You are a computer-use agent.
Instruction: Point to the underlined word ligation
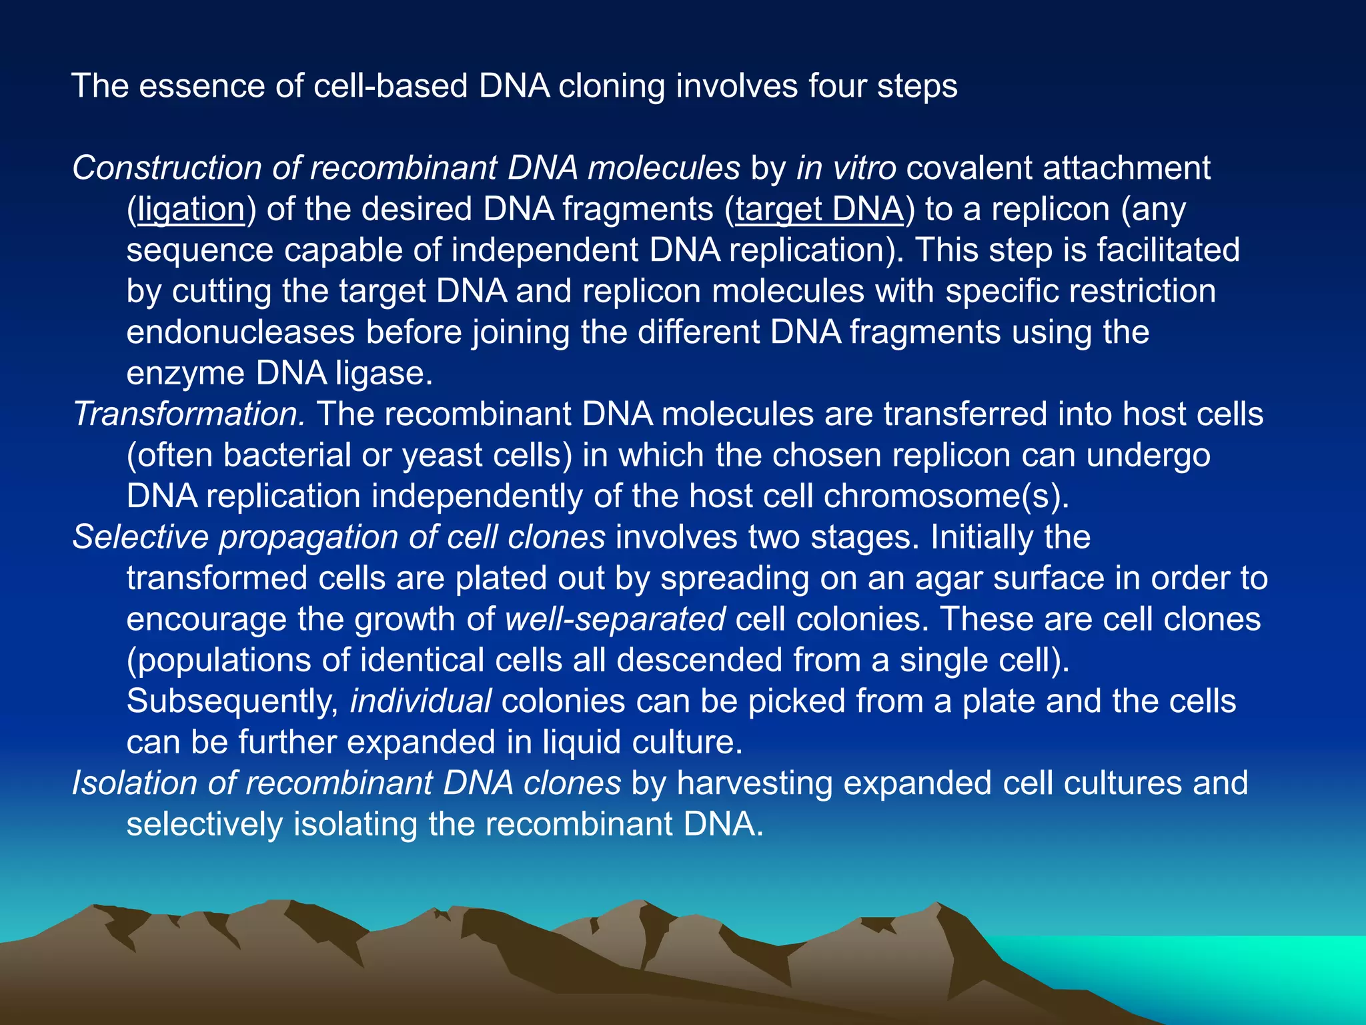click(x=191, y=210)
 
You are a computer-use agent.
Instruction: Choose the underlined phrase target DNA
click(x=819, y=210)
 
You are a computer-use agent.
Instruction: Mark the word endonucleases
click(x=241, y=332)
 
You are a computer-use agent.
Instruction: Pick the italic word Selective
click(x=140, y=537)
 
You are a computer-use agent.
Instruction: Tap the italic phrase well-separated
click(x=615, y=619)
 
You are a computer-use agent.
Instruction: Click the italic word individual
click(x=421, y=701)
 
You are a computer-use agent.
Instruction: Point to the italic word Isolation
click(x=134, y=783)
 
